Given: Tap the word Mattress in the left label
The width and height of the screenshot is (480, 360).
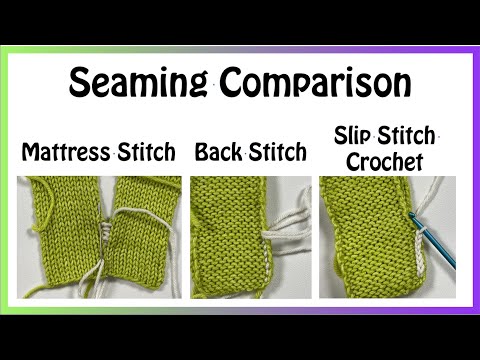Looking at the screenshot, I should point(65,153).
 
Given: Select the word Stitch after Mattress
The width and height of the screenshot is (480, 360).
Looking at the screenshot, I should point(146,153).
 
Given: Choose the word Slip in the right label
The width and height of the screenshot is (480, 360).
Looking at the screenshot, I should point(353,134).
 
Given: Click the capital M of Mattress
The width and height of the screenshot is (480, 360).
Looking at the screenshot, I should point(30,153).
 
